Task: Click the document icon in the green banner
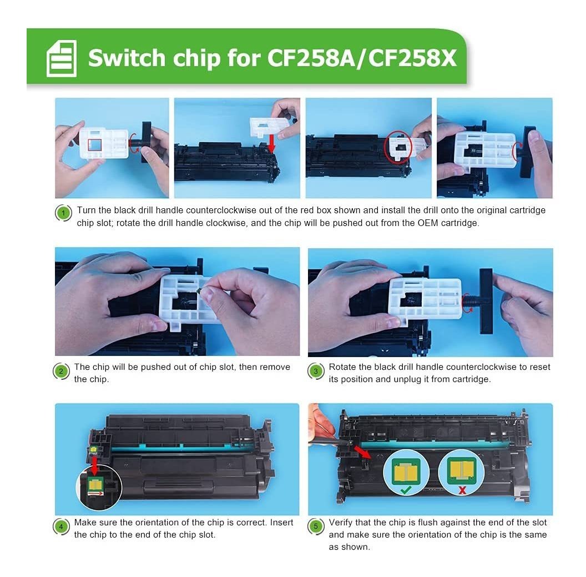pos(61,58)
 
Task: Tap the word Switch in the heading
pos(127,58)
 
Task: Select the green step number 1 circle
pos(63,213)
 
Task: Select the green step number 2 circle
pos(61,371)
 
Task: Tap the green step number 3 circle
pos(315,371)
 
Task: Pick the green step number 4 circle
pos(61,526)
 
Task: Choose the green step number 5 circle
pos(315,526)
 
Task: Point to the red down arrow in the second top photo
pos(272,143)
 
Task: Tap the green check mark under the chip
pos(405,489)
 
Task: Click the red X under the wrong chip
pos(462,490)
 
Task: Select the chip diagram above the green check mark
pos(405,471)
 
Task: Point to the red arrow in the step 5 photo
pos(362,451)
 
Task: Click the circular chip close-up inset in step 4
pos(99,488)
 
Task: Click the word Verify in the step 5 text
pos(341,523)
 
